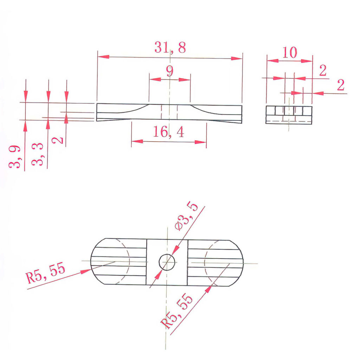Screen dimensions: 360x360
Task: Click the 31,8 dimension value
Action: pyautogui.click(x=170, y=47)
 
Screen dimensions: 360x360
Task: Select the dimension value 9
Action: pyautogui.click(x=170, y=71)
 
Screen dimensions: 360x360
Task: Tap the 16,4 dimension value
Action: pyautogui.click(x=168, y=132)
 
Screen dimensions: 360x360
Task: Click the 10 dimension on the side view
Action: pyautogui.click(x=290, y=53)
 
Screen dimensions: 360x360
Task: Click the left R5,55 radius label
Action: pyautogui.click(x=46, y=274)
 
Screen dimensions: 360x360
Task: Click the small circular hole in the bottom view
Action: pyautogui.click(x=167, y=262)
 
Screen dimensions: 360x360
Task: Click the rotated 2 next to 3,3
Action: pyautogui.click(x=59, y=140)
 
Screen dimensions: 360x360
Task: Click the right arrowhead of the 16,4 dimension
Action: pyautogui.click(x=201, y=142)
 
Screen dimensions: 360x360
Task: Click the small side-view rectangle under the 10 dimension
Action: pyautogui.click(x=289, y=115)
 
